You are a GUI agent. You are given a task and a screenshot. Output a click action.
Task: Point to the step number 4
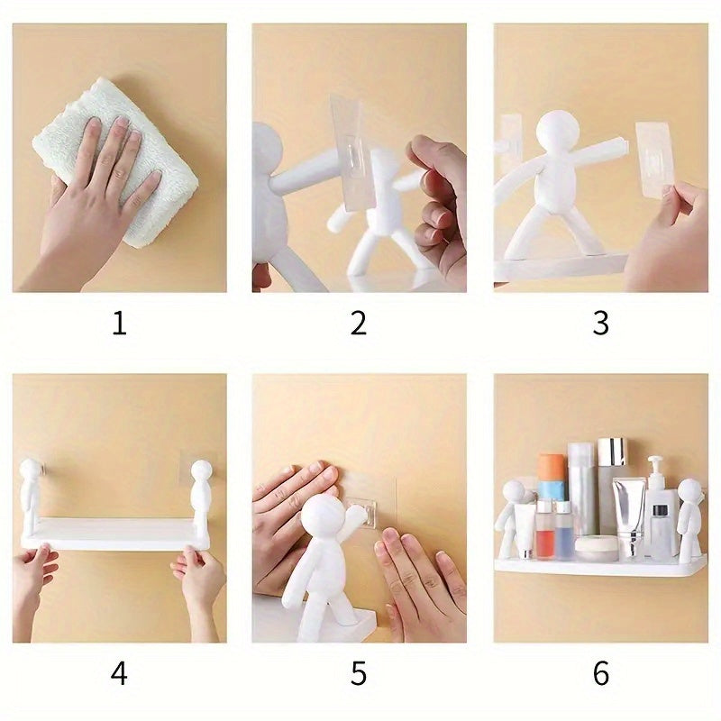click(119, 673)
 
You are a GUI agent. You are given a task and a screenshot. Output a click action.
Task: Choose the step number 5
click(359, 673)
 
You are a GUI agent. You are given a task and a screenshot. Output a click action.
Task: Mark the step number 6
click(601, 673)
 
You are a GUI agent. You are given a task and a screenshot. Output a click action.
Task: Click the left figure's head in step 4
click(32, 471)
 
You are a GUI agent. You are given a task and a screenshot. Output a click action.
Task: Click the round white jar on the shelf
click(596, 547)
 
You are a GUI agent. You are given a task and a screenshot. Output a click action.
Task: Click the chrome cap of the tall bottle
click(612, 452)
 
